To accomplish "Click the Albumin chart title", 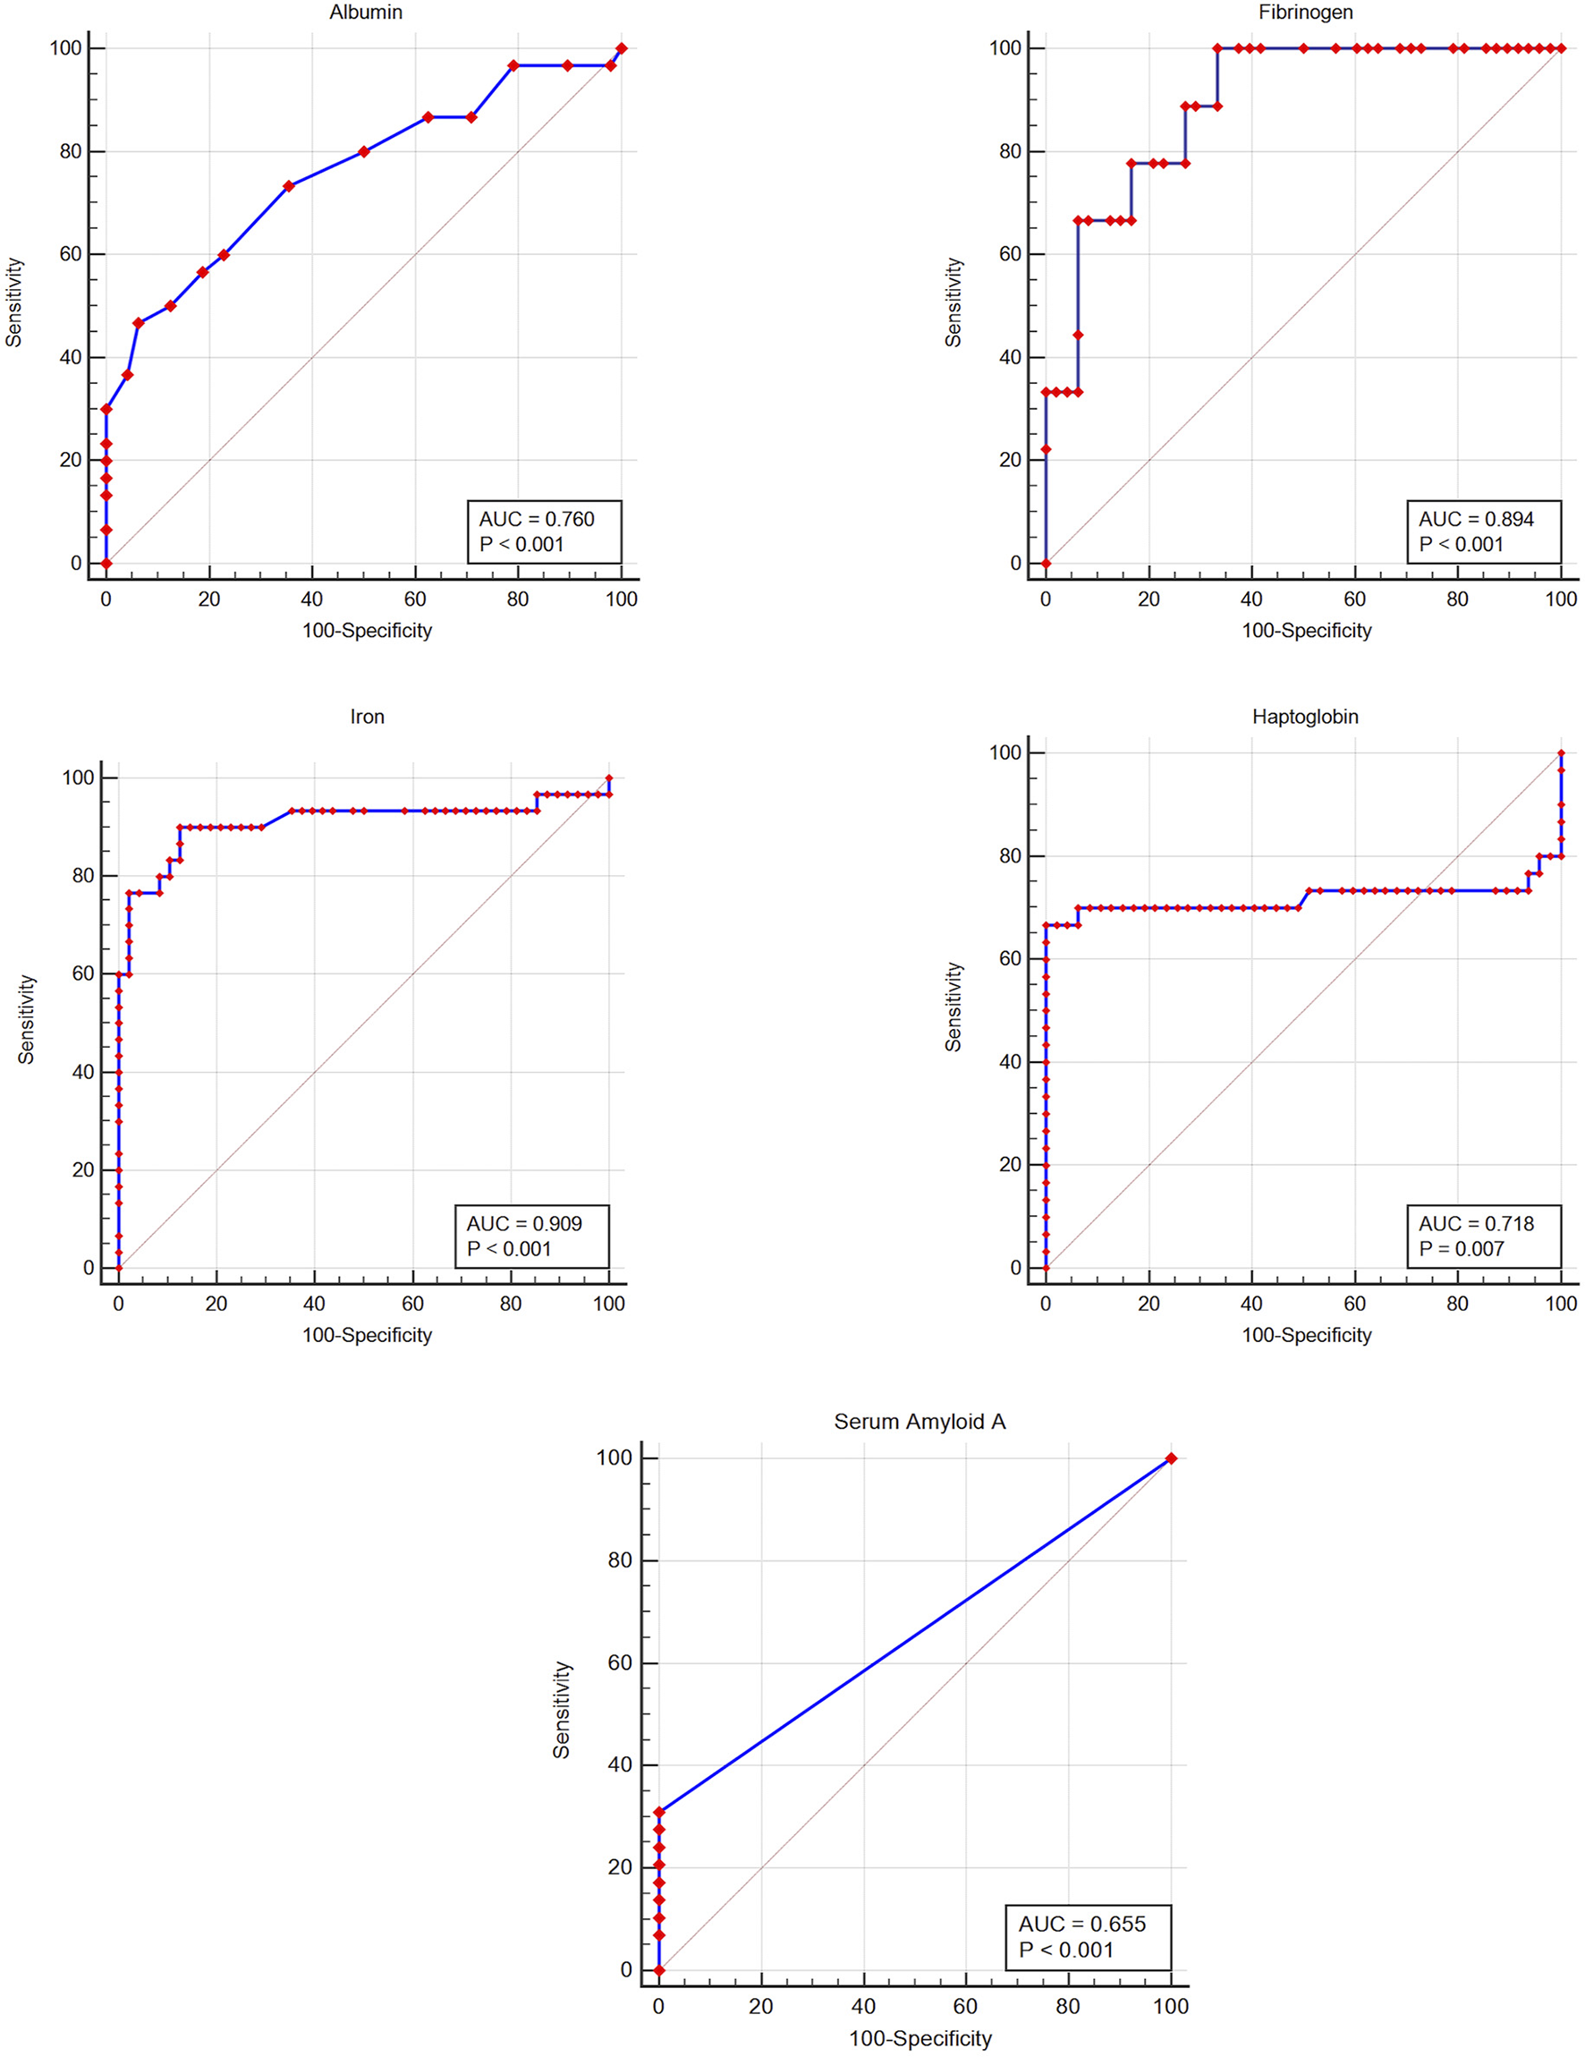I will [366, 13].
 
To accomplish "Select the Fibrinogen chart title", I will [1305, 13].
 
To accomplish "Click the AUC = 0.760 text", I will [536, 519].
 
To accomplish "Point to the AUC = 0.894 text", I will [1476, 519].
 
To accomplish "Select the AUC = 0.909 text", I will [523, 1223].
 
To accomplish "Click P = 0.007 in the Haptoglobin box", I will [1461, 1249].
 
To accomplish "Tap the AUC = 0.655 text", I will [1081, 1925].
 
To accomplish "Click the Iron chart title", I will [367, 717].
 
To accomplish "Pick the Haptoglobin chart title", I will [1304, 717].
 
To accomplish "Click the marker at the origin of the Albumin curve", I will [106, 563].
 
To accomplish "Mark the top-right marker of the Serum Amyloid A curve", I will [1171, 1458].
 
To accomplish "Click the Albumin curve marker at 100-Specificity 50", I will [363, 151].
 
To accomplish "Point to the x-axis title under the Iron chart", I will [367, 1335].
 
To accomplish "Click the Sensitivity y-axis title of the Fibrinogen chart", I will [954, 302].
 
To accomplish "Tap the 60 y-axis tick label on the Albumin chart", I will [71, 254].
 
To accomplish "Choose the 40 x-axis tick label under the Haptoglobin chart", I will [1250, 1304].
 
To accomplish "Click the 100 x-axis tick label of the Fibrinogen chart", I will [1561, 599].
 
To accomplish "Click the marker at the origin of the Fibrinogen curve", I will [1046, 563].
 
